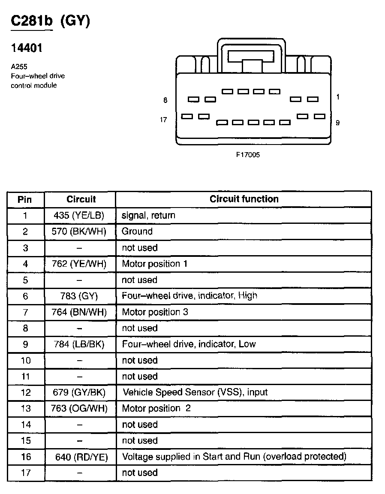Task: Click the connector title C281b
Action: pos(31,21)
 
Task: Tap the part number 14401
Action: pos(26,48)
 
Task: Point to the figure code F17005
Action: pos(247,154)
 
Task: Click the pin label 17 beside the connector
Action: pos(163,120)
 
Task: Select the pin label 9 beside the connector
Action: pos(338,123)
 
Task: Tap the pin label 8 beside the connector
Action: pos(165,100)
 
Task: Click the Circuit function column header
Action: pos(244,199)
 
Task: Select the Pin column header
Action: pos(25,199)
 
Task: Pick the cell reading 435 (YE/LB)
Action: pos(81,215)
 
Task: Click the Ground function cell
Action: pos(137,232)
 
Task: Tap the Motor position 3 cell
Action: pos(155,312)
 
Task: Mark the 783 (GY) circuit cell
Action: pos(80,296)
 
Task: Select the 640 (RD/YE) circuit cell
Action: pos(81,457)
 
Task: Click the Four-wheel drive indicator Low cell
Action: pos(189,344)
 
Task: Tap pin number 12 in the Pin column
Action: pos(26,392)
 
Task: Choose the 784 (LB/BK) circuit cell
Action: pos(81,344)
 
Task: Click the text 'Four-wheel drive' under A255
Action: pos(38,76)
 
